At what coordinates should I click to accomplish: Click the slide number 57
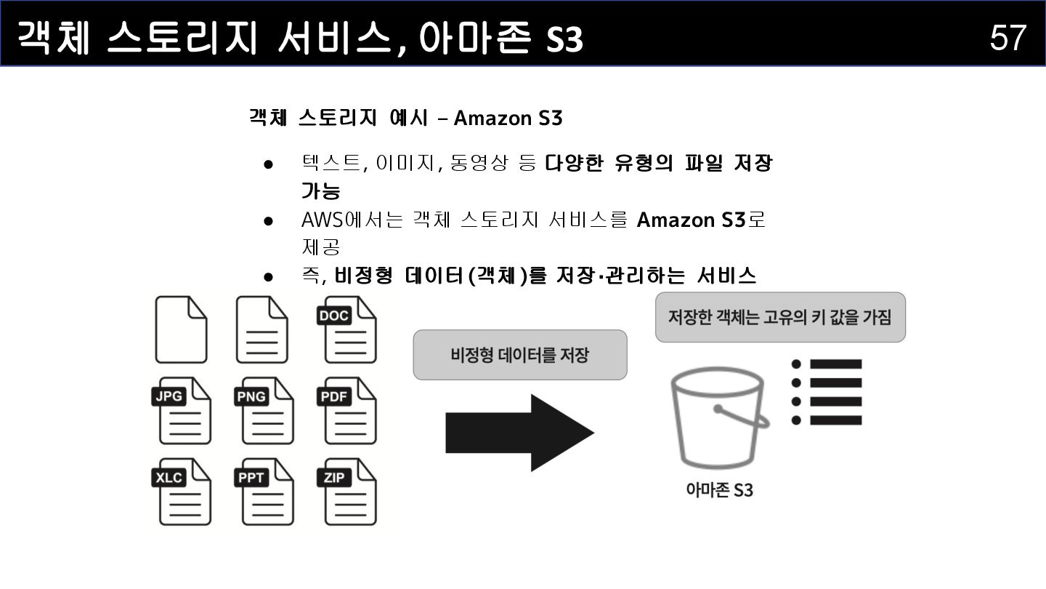coord(1008,37)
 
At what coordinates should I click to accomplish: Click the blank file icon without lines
coord(181,330)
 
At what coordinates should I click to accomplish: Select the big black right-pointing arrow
coord(519,433)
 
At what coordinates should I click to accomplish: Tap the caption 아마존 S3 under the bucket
coord(719,490)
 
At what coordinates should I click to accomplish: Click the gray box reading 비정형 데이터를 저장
coord(519,355)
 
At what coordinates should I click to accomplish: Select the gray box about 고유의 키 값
coord(780,317)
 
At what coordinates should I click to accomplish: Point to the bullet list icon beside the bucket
coord(827,392)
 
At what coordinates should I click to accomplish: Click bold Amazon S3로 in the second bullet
coord(701,220)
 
